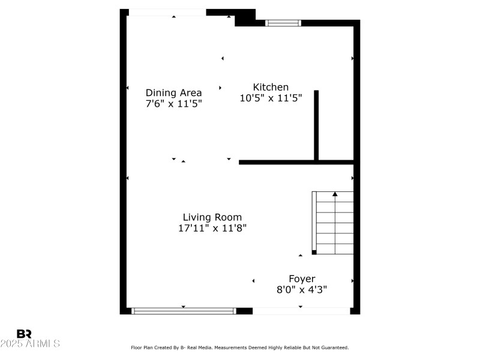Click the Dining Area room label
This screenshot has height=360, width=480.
coord(173,92)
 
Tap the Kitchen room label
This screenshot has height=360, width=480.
coord(271,87)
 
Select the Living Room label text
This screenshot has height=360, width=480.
coord(212,217)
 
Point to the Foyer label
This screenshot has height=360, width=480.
coord(302,278)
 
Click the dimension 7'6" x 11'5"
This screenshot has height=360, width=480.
coord(173,103)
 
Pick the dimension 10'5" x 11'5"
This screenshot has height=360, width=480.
coord(271,98)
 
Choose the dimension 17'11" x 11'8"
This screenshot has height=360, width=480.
coord(212,228)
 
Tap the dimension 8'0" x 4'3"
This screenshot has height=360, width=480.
coord(302,289)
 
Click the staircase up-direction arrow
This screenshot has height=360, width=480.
coord(335,194)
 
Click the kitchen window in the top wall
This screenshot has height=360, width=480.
coord(283,23)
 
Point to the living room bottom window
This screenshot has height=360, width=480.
coord(184,310)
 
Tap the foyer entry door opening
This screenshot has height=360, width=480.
coord(301,311)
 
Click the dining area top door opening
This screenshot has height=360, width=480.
coord(167,13)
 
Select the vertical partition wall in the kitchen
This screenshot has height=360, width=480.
coord(316,125)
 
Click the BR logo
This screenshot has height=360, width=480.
coord(25,334)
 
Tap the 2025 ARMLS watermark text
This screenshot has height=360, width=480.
coord(30,344)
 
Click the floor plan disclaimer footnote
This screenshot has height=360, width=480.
coord(240,347)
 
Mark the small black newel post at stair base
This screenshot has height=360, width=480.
coord(314,253)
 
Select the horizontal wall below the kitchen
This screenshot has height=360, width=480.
coord(296,162)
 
